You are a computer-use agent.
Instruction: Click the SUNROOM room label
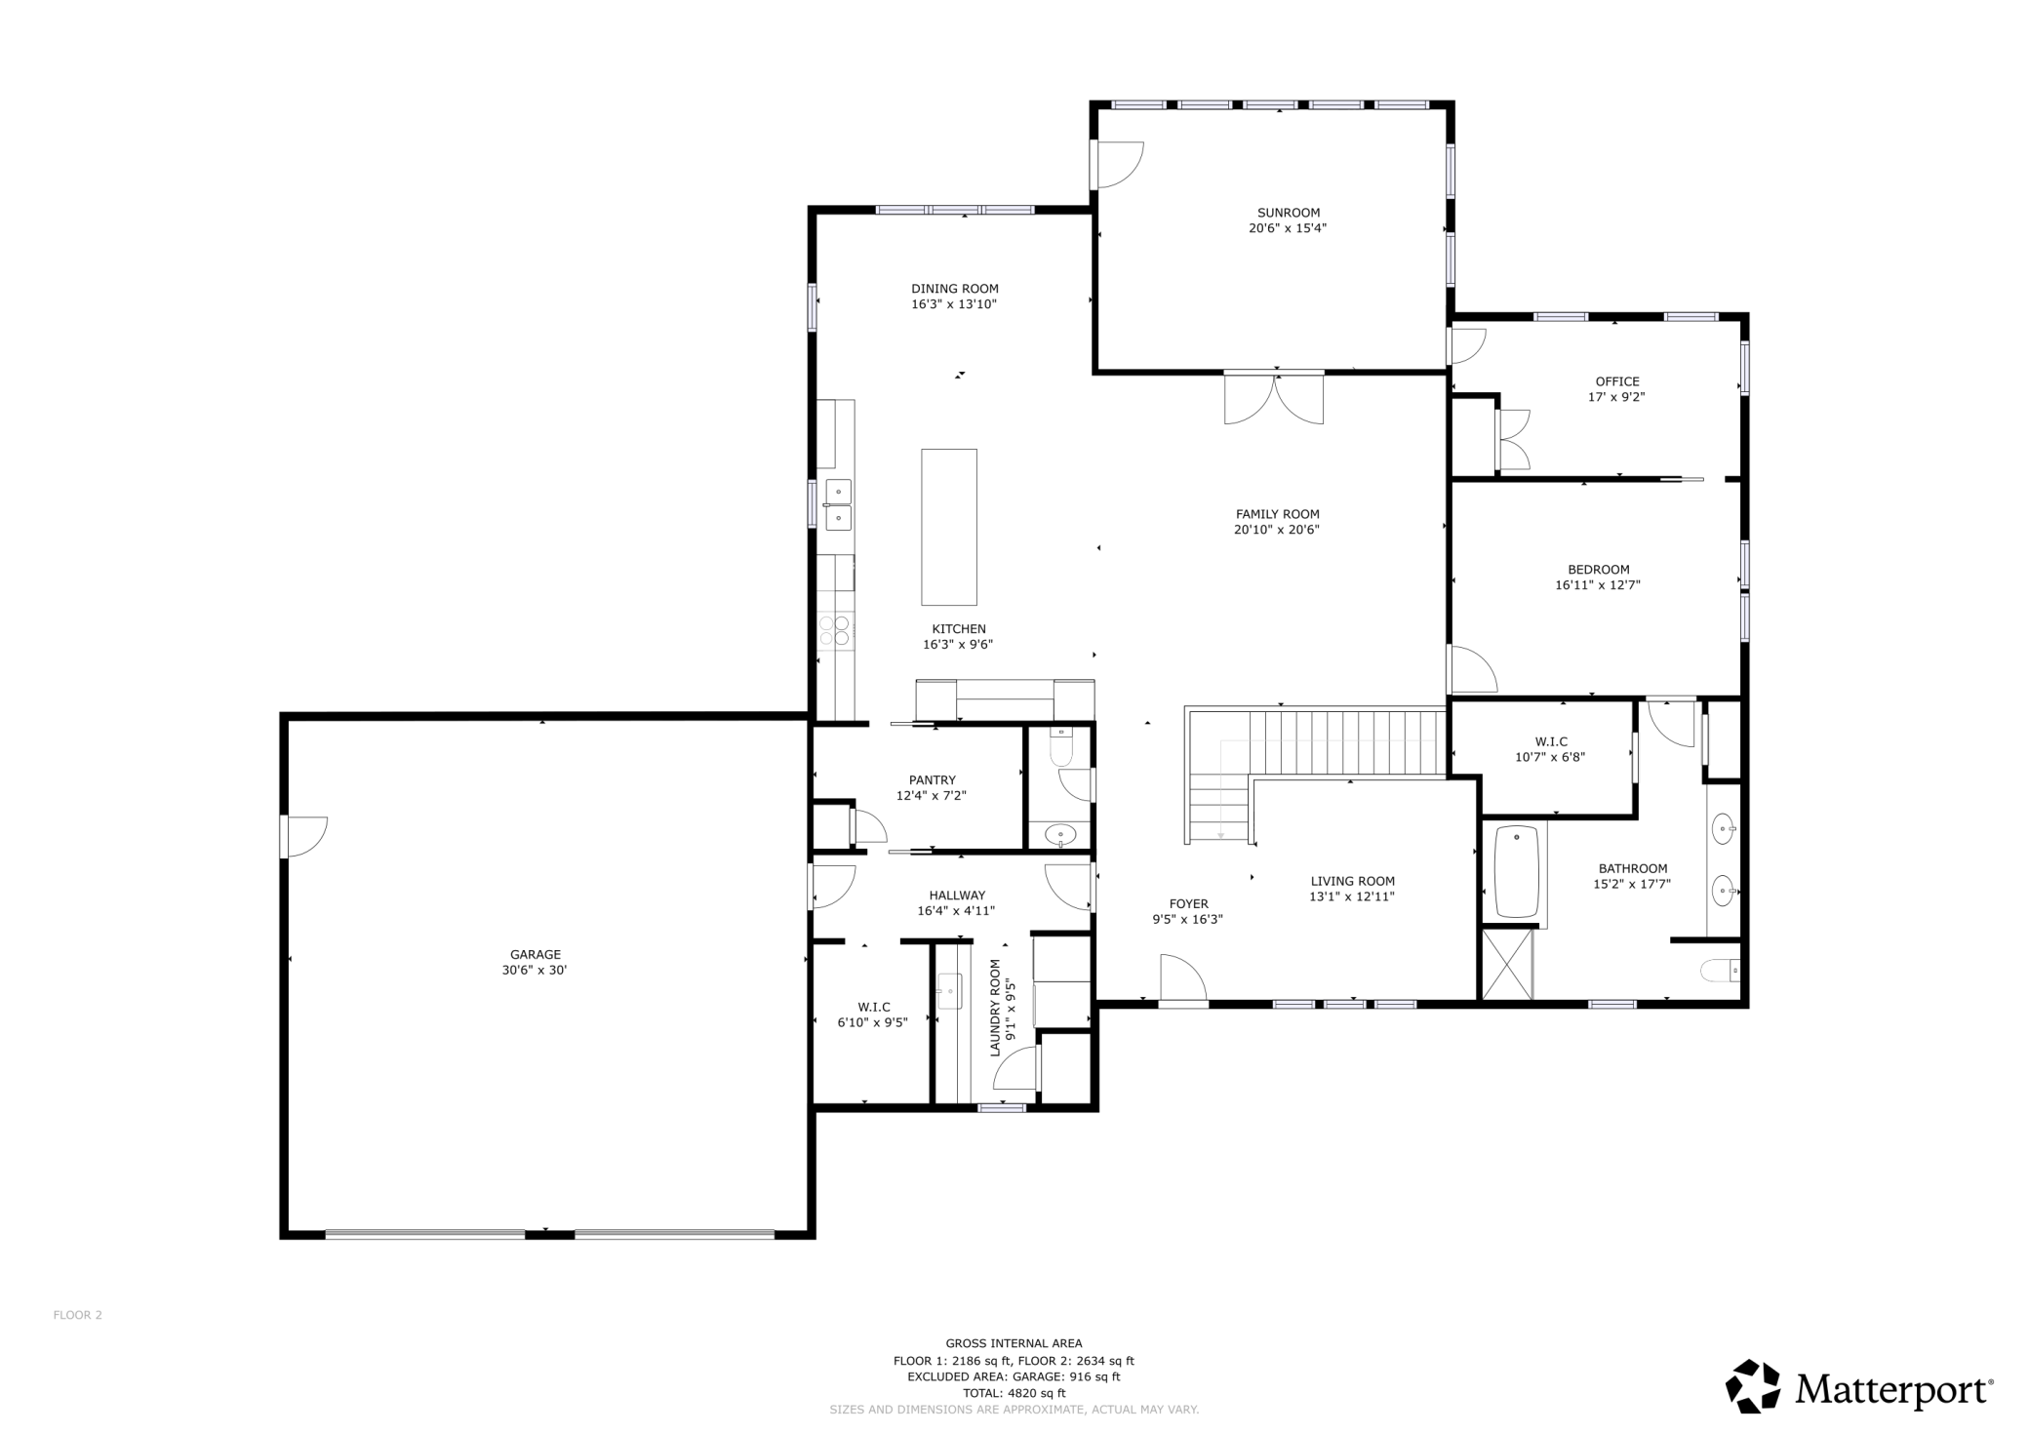pos(1288,213)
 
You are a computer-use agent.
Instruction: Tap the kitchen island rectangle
pos(949,527)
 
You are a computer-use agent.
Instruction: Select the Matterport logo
pos(1859,1387)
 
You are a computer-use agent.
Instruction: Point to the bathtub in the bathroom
pos(1516,872)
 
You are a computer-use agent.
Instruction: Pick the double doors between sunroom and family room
pos(1274,397)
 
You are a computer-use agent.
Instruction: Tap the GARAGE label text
pos(536,955)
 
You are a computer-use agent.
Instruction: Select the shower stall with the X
pos(1507,964)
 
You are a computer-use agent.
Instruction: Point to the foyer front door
pos(1183,978)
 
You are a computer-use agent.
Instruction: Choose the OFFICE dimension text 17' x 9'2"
pos(1616,397)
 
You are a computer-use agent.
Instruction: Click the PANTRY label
pos(932,780)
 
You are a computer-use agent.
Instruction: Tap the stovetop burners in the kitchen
pos(835,630)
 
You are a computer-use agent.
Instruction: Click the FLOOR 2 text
pos(77,1315)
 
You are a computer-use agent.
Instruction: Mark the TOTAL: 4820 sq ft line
pos(1014,1393)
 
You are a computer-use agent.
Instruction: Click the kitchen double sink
pos(838,504)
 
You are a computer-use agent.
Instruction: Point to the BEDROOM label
pos(1598,570)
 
